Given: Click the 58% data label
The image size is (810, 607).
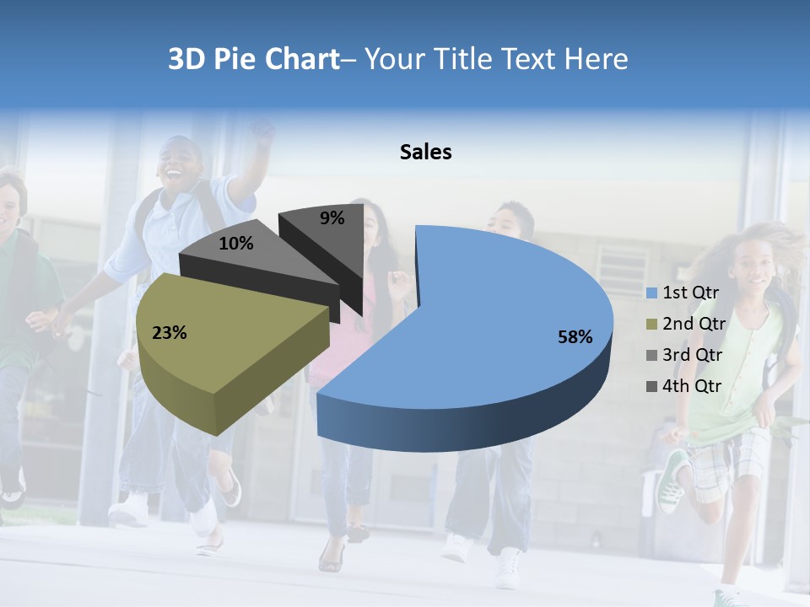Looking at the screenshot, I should (x=575, y=337).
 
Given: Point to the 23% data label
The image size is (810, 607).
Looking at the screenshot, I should (x=169, y=333).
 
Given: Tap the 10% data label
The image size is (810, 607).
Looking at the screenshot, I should (x=236, y=244).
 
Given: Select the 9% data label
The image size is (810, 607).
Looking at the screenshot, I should (x=332, y=218).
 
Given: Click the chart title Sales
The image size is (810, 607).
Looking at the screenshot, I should (x=425, y=152).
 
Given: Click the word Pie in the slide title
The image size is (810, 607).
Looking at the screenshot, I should (x=240, y=59).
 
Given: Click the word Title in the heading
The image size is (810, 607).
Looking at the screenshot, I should (x=463, y=59).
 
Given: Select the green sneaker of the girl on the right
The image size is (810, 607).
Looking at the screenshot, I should (x=672, y=481).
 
